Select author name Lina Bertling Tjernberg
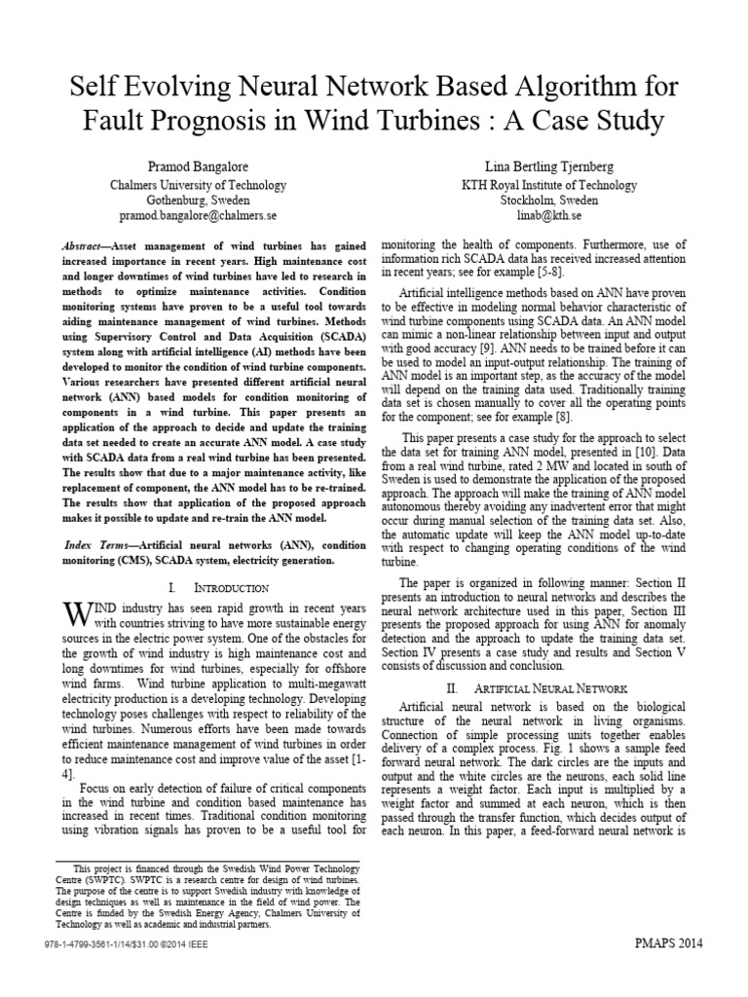(548, 166)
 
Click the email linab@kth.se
(548, 214)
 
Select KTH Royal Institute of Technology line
(548, 184)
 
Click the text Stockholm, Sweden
(548, 199)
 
